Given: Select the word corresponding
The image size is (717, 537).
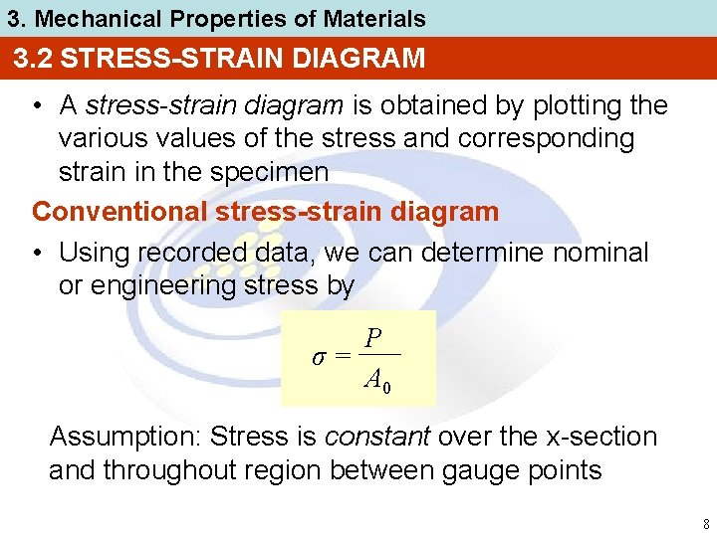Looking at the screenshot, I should click(x=546, y=138).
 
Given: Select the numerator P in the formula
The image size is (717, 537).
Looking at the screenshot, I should click(x=373, y=339).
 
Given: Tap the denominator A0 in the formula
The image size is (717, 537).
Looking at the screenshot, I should click(x=377, y=379).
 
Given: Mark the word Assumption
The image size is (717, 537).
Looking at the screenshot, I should click(x=126, y=437).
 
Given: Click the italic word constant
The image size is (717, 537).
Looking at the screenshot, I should click(x=378, y=437).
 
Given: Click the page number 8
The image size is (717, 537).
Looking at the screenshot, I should click(x=705, y=524).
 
